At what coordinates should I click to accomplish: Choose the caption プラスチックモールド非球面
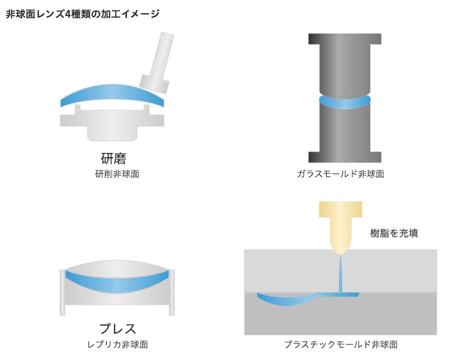click(x=341, y=344)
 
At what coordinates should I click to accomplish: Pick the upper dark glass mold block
click(x=345, y=62)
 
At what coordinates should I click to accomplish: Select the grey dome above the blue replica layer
click(x=117, y=266)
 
